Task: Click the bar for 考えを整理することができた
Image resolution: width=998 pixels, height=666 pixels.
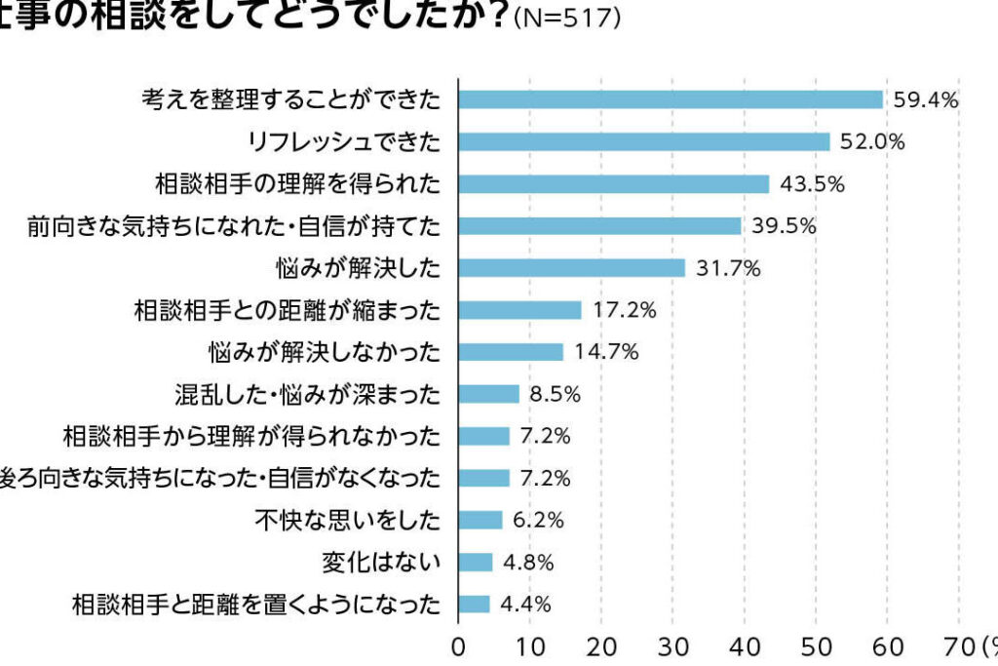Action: [671, 99]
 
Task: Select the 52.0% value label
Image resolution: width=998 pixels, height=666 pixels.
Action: [873, 141]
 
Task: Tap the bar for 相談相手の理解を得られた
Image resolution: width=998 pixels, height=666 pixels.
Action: [614, 183]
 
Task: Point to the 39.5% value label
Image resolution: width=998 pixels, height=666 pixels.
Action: [784, 226]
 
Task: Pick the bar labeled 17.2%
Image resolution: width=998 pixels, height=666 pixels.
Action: [519, 310]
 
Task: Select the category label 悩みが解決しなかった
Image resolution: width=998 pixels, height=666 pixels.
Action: [325, 352]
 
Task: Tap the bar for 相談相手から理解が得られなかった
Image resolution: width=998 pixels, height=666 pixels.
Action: [483, 436]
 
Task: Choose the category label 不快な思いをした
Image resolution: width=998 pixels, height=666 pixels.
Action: [347, 520]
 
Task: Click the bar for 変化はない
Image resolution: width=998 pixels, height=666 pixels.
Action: [476, 562]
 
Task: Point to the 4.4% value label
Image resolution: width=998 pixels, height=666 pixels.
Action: [525, 604]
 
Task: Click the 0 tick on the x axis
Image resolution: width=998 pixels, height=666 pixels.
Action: [459, 646]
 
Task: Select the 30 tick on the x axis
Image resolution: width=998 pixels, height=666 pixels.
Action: [673, 646]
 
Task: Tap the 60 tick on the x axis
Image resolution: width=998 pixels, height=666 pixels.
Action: [888, 646]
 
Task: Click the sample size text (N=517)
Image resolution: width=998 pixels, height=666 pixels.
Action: [566, 20]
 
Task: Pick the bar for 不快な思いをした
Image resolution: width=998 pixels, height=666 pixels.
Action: [480, 520]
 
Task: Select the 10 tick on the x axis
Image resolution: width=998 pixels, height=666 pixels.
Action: [530, 646]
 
